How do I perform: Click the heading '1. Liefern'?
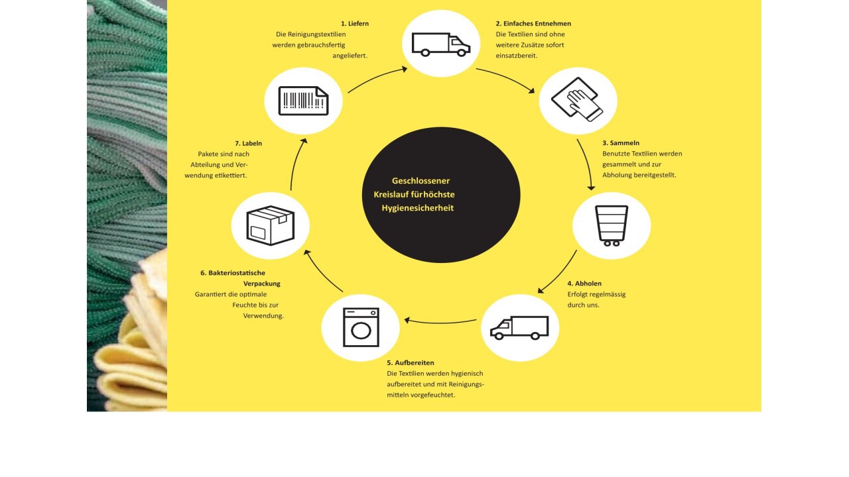[x=355, y=23]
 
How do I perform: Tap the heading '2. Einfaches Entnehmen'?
[x=533, y=23]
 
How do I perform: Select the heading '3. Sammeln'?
[x=621, y=142]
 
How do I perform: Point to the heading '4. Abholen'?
[x=584, y=283]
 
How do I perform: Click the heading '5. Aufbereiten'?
[x=411, y=362]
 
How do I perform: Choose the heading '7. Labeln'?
[x=248, y=143]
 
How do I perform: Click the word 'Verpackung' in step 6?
[x=262, y=284]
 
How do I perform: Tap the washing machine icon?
[x=361, y=327]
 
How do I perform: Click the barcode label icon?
[x=303, y=101]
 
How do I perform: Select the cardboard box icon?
[x=270, y=225]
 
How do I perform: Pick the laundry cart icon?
[x=612, y=226]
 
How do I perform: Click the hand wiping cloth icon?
[x=577, y=99]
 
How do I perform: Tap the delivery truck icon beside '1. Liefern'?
[x=441, y=44]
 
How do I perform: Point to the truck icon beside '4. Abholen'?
[x=519, y=327]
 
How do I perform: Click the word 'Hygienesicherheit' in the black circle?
[x=417, y=208]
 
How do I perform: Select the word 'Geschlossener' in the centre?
[x=421, y=181]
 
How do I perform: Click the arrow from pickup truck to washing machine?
[x=440, y=323]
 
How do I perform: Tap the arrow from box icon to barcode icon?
[x=295, y=164]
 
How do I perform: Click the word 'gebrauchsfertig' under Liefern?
[x=321, y=45]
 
